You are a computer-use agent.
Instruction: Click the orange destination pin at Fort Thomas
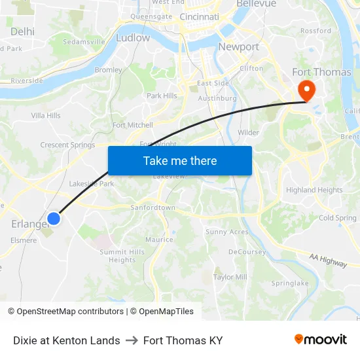click(306, 89)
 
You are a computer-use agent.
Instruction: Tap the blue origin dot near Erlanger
click(54, 219)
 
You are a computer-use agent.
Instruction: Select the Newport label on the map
click(238, 46)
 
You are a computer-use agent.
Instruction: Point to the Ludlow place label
click(132, 38)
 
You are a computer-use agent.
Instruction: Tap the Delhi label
click(22, 31)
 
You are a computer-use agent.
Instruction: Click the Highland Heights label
click(314, 190)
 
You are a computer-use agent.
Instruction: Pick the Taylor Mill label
click(230, 277)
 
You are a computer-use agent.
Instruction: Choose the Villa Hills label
click(46, 116)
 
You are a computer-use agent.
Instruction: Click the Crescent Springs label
click(67, 145)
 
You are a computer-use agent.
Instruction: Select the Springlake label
click(289, 283)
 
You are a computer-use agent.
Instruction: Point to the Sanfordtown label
click(153, 207)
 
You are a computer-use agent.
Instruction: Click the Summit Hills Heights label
click(122, 256)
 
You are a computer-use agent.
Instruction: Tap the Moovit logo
click(321, 339)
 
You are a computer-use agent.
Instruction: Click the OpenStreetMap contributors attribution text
click(70, 312)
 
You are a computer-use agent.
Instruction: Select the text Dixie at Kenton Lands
click(66, 340)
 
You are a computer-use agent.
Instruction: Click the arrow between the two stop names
click(132, 340)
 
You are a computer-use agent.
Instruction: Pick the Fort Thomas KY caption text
click(183, 340)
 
